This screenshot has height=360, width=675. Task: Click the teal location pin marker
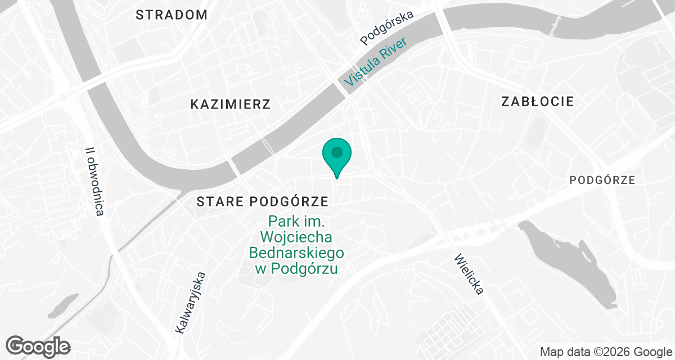[x=336, y=155]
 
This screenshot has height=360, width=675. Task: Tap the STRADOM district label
[x=172, y=15]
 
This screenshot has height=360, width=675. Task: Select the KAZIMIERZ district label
[x=230, y=104]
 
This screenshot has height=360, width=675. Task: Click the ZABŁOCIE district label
[x=537, y=102]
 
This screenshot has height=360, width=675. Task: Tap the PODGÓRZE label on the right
[x=602, y=181]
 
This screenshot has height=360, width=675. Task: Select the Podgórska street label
[x=387, y=28]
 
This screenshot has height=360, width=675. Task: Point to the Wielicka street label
[x=468, y=274]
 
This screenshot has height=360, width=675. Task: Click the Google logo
[x=38, y=345]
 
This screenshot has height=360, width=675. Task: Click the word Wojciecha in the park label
[x=296, y=237]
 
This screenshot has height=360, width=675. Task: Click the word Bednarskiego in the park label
[x=296, y=253]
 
